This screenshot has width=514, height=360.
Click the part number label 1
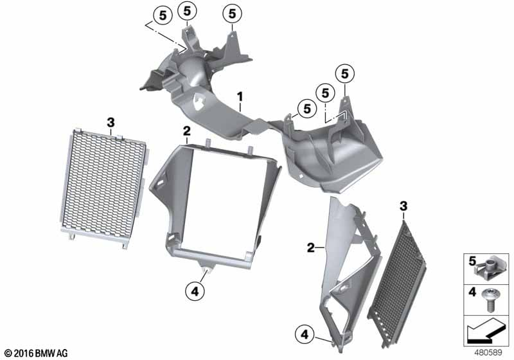pos(240,97)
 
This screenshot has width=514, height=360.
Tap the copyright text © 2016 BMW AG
pos(37,353)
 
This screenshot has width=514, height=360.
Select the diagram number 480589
pos(488,353)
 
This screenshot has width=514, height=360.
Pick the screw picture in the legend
pos(490,300)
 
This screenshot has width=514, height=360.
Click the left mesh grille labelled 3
pos(104,188)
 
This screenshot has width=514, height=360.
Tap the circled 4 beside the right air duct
pos(305,334)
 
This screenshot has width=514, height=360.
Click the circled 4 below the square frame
pos(195,291)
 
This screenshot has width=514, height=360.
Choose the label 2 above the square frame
pos(186,132)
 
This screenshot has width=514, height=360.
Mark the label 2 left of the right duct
pos(311,248)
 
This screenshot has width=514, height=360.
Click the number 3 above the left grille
pos(111,123)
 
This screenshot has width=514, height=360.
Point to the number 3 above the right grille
pos(403,206)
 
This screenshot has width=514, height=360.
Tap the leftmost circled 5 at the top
pos(163,15)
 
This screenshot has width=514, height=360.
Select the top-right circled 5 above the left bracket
pos(232,14)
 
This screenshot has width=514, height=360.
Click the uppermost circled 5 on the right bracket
pos(345,74)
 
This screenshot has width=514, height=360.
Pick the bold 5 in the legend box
pos(472,261)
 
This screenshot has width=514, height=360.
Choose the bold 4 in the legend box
pos(472,292)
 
